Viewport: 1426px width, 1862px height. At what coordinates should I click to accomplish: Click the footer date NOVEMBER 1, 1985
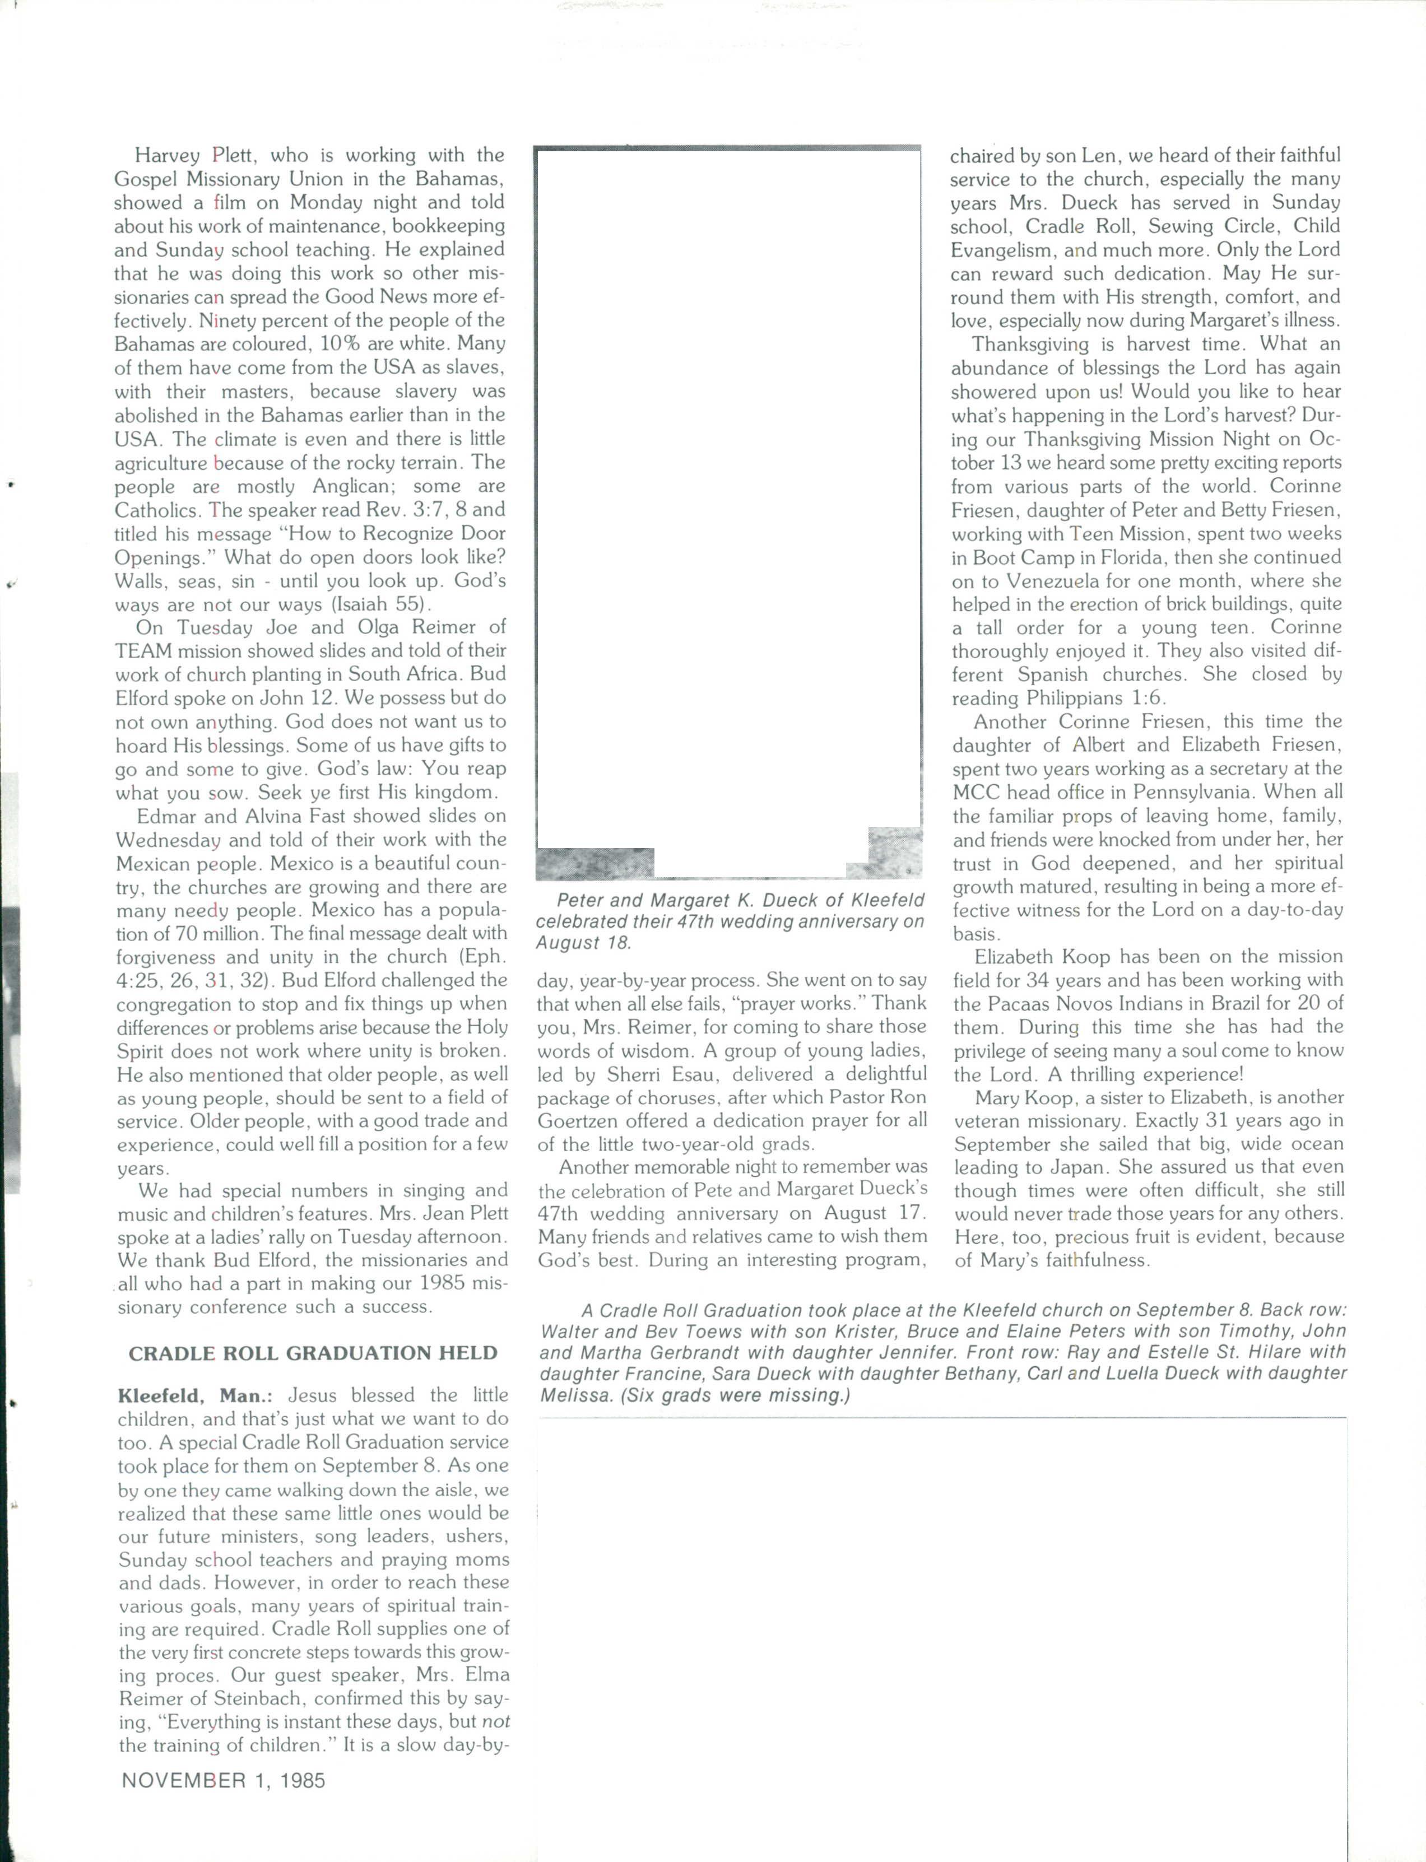[x=223, y=1780]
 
